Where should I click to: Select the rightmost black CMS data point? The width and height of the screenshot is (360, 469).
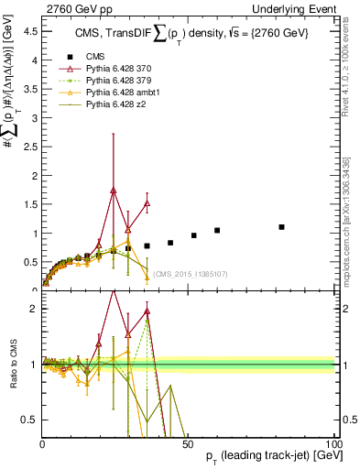click(x=282, y=227)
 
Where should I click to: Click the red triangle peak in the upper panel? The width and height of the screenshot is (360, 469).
click(x=114, y=190)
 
